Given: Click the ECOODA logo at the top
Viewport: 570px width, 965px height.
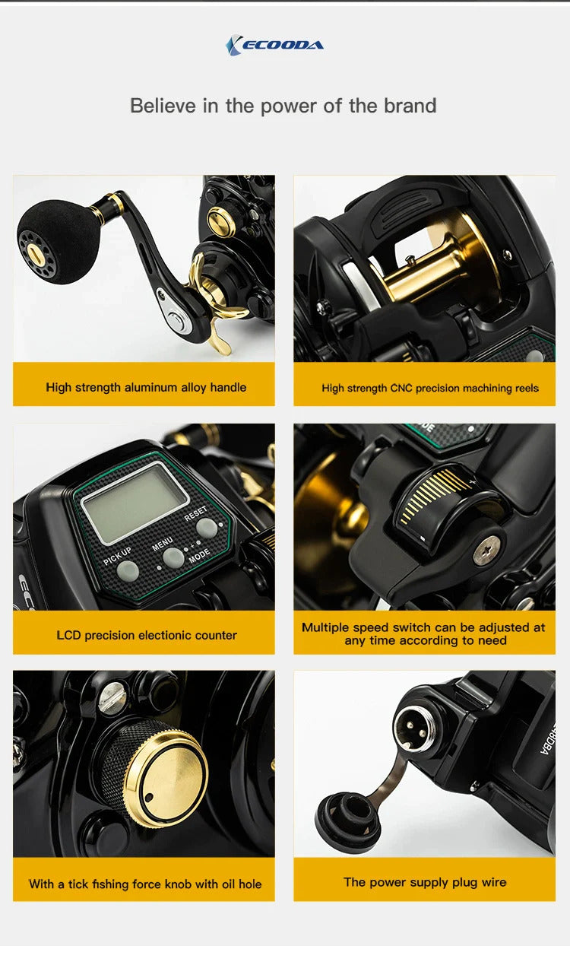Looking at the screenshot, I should pos(274,46).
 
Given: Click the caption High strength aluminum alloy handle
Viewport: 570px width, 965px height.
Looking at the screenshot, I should pos(145,387).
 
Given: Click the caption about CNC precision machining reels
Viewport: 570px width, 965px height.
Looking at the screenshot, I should pos(429,388).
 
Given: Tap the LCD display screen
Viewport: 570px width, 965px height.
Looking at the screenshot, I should pos(135,501).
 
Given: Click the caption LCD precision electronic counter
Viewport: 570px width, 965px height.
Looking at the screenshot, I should pos(146,635).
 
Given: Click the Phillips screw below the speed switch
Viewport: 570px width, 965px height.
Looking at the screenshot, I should pos(486,549).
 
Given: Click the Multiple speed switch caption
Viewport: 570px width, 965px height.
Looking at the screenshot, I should pos(423,633).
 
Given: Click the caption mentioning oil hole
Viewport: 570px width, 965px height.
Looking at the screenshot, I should pos(144,884).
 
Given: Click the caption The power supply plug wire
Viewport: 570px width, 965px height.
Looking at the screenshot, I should pos(424,882).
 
